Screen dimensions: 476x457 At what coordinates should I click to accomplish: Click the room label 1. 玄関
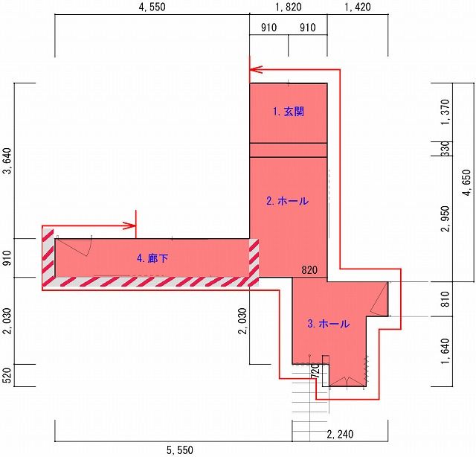288,112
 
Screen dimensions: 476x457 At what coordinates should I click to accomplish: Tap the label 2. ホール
287,201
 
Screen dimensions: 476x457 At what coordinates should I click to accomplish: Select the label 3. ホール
328,324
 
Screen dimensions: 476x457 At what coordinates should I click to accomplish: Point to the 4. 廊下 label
152,258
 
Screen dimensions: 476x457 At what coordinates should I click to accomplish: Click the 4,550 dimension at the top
152,7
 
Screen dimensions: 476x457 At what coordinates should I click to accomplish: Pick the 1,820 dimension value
289,7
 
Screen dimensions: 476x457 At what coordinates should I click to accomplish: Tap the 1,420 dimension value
358,7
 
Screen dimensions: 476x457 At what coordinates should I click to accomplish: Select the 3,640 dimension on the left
7,161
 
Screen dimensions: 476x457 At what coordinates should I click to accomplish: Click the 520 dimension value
7,375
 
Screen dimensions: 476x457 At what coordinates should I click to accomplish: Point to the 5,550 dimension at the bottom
180,450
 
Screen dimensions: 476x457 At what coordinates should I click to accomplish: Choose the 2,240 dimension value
340,435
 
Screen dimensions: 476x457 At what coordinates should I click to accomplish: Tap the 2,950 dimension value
446,219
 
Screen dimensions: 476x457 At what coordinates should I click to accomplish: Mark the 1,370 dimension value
446,112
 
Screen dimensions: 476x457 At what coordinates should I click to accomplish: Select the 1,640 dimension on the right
446,351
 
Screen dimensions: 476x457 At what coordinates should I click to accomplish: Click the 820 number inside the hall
309,270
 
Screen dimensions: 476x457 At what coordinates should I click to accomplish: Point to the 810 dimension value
446,299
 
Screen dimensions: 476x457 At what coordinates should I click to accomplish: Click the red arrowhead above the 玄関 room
255,70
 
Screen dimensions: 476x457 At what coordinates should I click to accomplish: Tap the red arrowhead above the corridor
129,226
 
